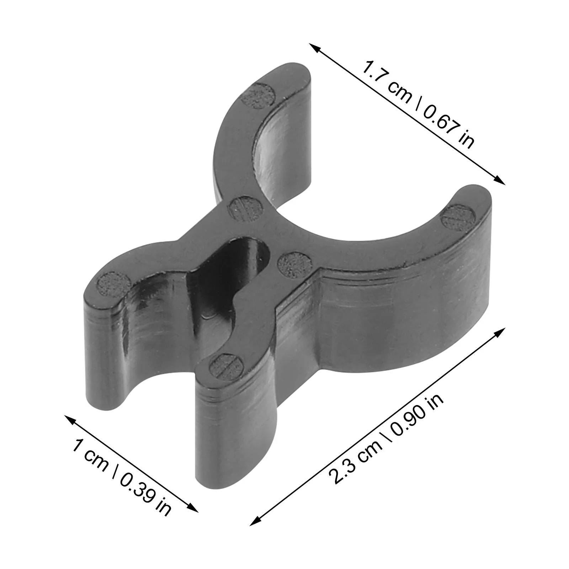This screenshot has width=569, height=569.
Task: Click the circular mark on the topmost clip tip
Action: click(260, 95)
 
